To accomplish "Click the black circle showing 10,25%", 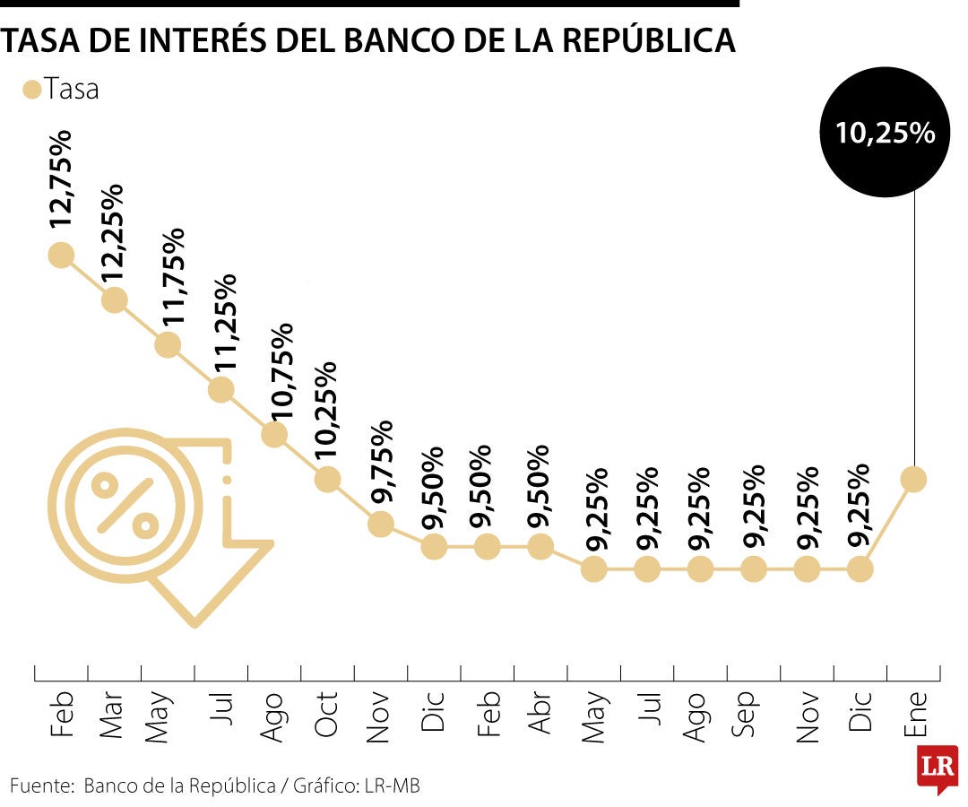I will [885, 134].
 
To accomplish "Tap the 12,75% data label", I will [65, 179].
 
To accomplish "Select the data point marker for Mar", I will [114, 299].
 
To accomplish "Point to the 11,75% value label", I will [171, 277].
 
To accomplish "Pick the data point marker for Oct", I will [327, 479].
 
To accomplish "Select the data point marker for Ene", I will [913, 479].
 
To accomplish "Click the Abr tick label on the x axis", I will [540, 714].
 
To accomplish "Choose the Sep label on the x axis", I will [753, 714].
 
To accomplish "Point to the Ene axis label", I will [913, 714].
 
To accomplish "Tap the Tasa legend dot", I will [32, 90].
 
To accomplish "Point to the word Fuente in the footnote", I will [41, 786].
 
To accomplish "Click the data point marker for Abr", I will [540, 546].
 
